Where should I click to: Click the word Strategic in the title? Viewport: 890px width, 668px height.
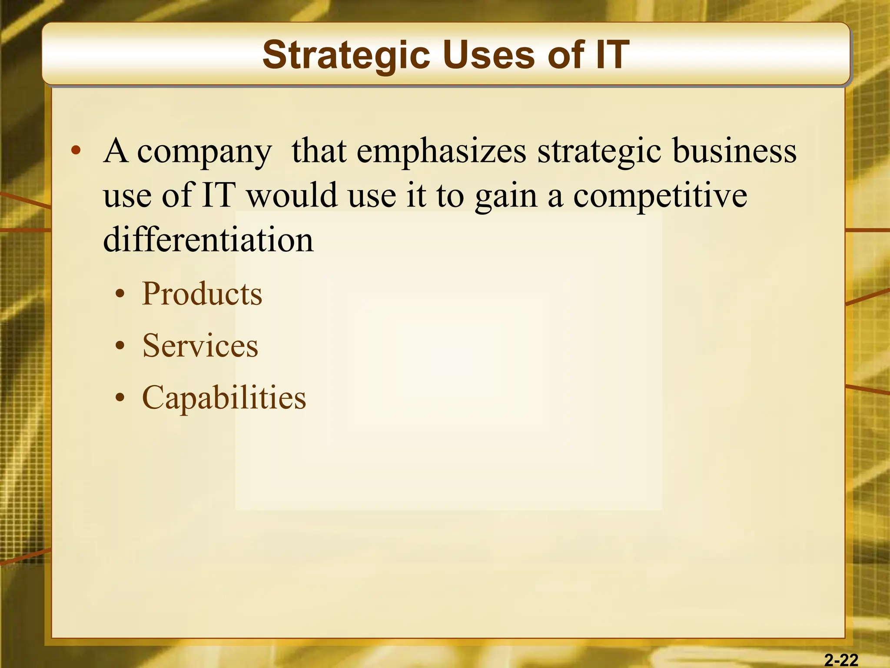click(x=346, y=56)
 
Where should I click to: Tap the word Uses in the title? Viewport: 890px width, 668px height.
click(x=489, y=55)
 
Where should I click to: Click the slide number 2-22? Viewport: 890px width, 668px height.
click(x=841, y=660)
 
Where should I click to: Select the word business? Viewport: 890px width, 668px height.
click(x=734, y=151)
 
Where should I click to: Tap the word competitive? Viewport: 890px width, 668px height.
click(x=660, y=196)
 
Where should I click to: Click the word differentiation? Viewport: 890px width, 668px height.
click(x=208, y=240)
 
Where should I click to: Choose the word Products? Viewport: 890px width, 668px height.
click(x=202, y=294)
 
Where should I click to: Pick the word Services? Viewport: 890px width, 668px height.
click(x=200, y=346)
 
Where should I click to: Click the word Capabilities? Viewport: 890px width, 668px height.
click(x=224, y=398)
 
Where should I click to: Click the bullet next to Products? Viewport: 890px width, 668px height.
click(x=120, y=295)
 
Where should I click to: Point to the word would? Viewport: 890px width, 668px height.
click(x=292, y=195)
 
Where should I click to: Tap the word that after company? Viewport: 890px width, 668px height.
click(x=319, y=151)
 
